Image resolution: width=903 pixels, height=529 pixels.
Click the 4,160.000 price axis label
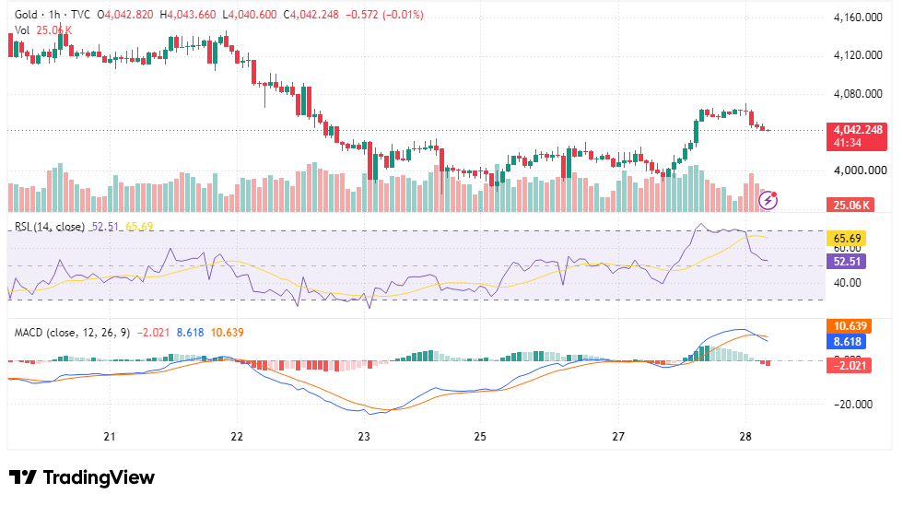click(858, 18)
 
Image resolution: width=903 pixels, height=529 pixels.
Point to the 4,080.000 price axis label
click(858, 93)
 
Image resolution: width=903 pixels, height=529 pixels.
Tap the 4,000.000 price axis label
click(858, 170)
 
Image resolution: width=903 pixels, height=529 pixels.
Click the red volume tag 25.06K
click(850, 205)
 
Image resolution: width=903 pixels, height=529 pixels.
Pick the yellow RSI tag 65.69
click(847, 238)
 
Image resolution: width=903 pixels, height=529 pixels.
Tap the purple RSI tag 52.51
click(847, 261)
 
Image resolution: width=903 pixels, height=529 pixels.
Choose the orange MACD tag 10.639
click(849, 326)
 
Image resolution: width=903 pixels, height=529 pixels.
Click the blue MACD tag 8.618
click(847, 342)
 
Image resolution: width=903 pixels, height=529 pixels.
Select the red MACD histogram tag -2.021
click(849, 365)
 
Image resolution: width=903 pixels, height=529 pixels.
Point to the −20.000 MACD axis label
click(853, 404)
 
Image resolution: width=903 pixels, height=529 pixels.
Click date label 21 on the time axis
click(110, 436)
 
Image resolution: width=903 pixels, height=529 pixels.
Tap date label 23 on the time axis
click(364, 436)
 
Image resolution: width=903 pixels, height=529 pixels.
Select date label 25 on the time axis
click(480, 436)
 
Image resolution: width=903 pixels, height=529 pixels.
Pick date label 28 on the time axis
click(745, 436)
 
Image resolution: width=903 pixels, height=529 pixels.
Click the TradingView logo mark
click(22, 477)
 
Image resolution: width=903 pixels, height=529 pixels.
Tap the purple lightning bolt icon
click(768, 201)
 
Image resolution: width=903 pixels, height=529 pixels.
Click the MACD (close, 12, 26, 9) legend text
click(72, 333)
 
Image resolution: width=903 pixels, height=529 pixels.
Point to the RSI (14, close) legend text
click(50, 227)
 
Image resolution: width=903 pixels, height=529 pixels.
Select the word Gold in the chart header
click(26, 15)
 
